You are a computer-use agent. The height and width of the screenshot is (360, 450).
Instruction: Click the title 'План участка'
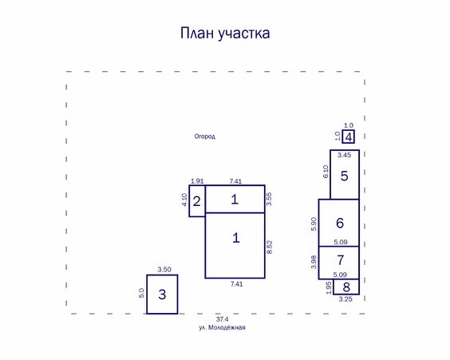224,34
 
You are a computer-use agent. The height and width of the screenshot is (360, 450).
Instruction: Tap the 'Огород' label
205,136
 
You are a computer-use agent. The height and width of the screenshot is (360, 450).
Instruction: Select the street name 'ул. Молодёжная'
222,327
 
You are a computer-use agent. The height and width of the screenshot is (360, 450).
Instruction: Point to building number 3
162,295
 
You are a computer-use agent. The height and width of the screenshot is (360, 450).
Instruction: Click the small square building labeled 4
348,136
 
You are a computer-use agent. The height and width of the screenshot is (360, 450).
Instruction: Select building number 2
196,200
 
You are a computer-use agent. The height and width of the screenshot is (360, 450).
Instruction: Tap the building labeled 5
345,175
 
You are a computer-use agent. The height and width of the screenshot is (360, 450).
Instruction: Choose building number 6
340,223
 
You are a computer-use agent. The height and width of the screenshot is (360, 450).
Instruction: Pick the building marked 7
340,260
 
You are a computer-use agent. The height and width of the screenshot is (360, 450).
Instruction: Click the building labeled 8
345,287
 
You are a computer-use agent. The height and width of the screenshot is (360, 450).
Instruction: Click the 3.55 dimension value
270,199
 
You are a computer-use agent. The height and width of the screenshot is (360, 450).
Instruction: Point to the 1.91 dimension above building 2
197,181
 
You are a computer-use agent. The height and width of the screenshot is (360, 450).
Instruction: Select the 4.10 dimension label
184,200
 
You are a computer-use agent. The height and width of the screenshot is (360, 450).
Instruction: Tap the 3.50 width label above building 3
164,270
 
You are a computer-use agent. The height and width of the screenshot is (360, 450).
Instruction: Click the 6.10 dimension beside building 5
326,171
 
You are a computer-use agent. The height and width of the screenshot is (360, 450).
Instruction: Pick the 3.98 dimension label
314,262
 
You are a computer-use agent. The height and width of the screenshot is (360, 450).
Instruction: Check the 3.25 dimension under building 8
345,299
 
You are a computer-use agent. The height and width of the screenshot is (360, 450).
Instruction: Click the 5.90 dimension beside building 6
314,224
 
